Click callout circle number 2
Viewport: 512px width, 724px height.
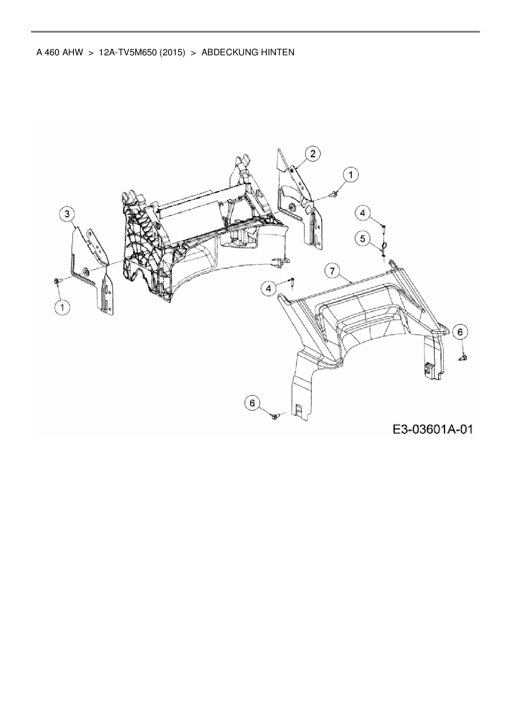coord(313,154)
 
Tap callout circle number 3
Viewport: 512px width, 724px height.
coord(67,214)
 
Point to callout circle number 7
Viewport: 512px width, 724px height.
coord(333,271)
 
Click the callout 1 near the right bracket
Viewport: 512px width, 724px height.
coord(351,175)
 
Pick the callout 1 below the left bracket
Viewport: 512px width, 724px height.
coord(63,308)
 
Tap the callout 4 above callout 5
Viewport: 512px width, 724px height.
coord(363,213)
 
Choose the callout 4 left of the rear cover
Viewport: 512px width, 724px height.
coord(269,288)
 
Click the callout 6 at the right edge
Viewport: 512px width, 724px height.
coord(460,331)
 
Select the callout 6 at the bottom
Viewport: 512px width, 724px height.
coord(252,403)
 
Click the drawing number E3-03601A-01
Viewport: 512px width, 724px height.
coord(432,429)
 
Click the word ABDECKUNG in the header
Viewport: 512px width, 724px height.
coord(229,52)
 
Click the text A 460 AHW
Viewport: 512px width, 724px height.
coord(59,52)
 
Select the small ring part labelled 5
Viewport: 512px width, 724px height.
coord(384,247)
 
